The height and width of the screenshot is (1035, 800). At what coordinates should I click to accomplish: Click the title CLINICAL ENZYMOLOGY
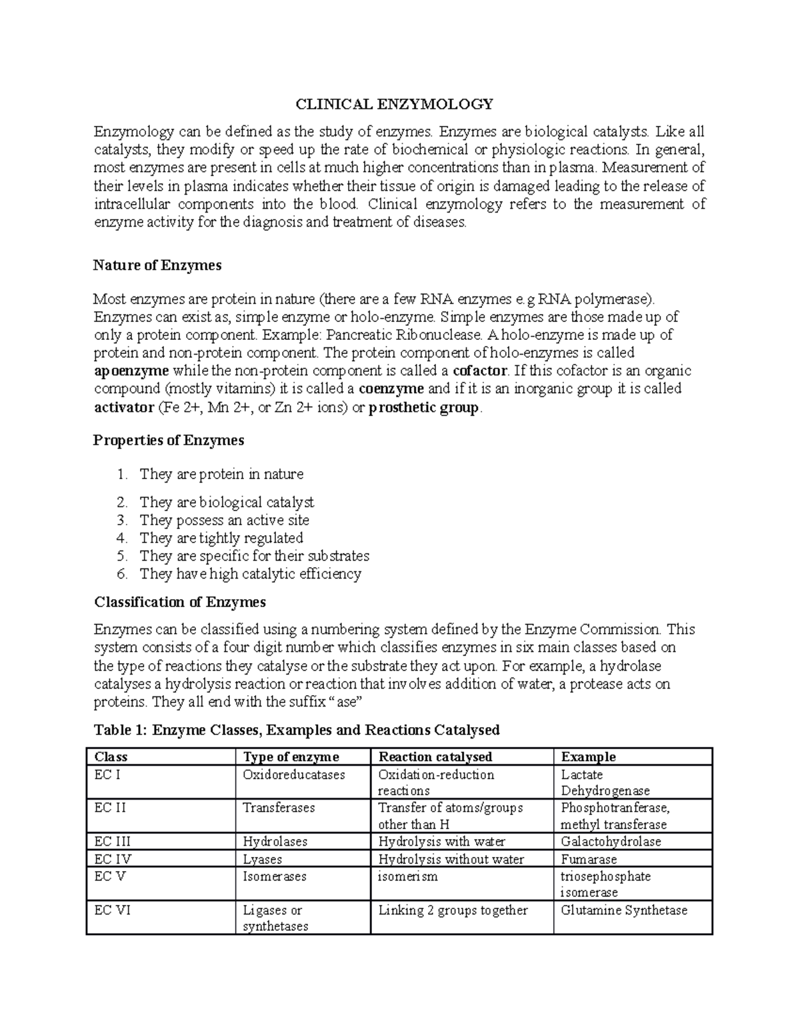pyautogui.click(x=395, y=104)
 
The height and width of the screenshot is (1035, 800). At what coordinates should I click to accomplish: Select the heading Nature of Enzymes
pyautogui.click(x=157, y=265)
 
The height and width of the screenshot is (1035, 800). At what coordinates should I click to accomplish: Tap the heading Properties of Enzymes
pyautogui.click(x=169, y=441)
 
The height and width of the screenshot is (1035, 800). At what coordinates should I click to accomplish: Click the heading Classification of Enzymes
pyautogui.click(x=180, y=602)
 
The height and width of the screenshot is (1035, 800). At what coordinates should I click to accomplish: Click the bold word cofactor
pyautogui.click(x=480, y=371)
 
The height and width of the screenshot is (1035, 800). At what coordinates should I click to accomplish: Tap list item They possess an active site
pyautogui.click(x=224, y=520)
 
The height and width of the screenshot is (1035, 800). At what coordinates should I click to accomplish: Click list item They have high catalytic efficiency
pyautogui.click(x=250, y=574)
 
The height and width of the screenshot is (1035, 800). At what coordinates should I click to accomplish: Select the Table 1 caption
pyautogui.click(x=297, y=730)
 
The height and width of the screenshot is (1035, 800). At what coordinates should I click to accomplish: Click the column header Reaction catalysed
pyautogui.click(x=435, y=756)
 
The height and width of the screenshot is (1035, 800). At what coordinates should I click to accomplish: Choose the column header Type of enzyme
pyautogui.click(x=291, y=756)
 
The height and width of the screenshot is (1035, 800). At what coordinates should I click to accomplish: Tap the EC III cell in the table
pyautogui.click(x=113, y=841)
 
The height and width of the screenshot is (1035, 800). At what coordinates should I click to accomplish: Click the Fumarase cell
pyautogui.click(x=589, y=859)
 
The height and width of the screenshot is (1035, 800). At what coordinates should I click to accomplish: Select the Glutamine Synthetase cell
pyautogui.click(x=624, y=910)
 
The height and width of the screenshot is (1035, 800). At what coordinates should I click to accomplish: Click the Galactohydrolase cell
pyautogui.click(x=611, y=841)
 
